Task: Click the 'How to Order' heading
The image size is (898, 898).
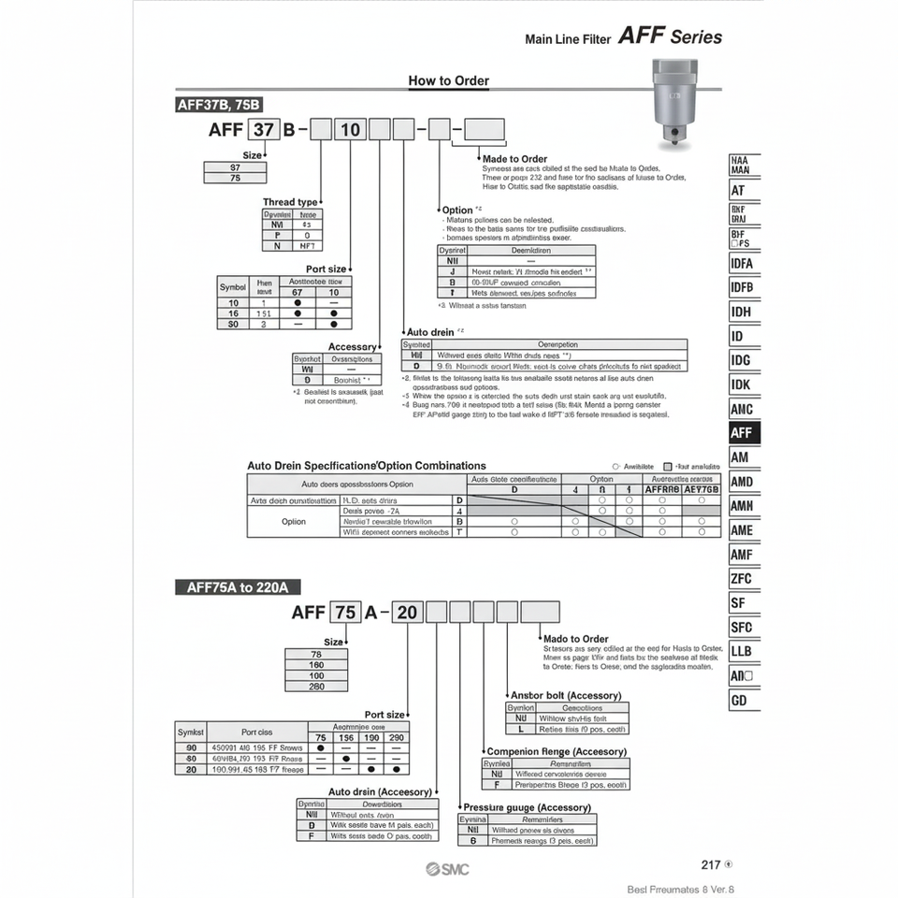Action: click(448, 80)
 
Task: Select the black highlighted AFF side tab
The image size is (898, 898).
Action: click(744, 433)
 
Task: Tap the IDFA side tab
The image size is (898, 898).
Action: click(744, 263)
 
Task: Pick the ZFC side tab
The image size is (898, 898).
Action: click(744, 579)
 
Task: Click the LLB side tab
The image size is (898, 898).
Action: click(744, 652)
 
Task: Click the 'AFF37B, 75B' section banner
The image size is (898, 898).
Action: click(220, 105)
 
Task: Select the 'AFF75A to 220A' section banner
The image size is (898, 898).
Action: click(238, 587)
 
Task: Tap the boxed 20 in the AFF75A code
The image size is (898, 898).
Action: click(407, 613)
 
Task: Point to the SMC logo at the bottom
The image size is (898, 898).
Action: click(447, 868)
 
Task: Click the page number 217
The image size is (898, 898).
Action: click(711, 865)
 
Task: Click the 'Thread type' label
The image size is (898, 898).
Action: click(290, 201)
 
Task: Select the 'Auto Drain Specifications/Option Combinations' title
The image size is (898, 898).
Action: click(367, 465)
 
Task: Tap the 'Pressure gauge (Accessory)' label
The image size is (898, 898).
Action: click(527, 807)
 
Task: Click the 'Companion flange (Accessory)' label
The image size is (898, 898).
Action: click(556, 751)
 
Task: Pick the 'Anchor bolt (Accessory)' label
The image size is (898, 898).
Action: click(566, 695)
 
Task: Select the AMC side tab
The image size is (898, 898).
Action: click(744, 409)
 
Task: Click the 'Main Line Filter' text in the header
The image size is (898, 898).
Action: click(568, 39)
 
